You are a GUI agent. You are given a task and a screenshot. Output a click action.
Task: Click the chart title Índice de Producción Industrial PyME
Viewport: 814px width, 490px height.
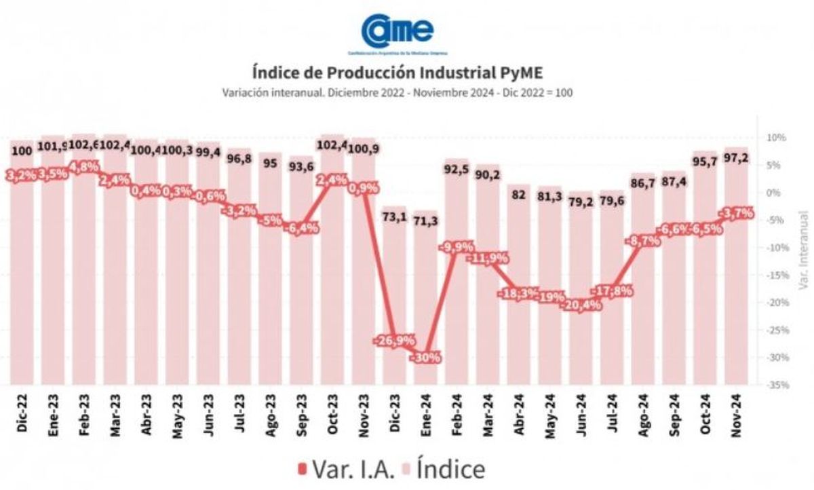tap(397, 72)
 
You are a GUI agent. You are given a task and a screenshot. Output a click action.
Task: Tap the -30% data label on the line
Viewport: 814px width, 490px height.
tap(429, 357)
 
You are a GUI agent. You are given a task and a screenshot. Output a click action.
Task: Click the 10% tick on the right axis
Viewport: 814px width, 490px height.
tap(776, 138)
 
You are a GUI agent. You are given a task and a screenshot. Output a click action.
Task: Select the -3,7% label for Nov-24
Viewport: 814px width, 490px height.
tap(737, 213)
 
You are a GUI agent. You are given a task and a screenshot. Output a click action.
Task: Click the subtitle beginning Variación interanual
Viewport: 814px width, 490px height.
tap(397, 93)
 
